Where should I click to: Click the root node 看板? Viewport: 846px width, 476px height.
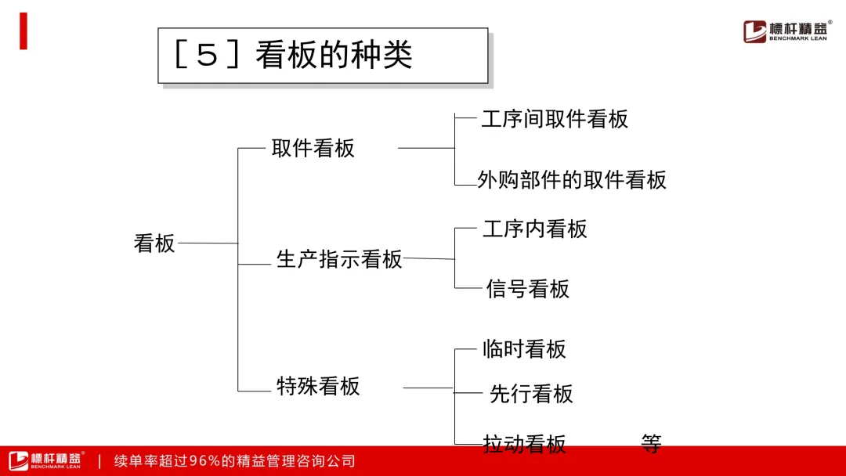coord(154,243)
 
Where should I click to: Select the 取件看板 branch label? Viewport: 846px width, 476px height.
coord(313,148)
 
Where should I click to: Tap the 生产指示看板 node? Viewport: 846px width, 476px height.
coord(339,259)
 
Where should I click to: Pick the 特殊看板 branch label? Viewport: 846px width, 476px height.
coord(318,386)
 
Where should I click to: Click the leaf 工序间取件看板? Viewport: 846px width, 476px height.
coord(555,119)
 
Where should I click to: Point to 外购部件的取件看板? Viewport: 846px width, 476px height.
coord(572,179)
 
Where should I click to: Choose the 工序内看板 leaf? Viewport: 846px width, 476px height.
coord(535,229)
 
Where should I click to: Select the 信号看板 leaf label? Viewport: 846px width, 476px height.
coord(528,289)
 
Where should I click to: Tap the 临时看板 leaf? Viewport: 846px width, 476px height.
coord(524,348)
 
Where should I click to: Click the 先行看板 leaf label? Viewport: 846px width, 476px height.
coord(531,394)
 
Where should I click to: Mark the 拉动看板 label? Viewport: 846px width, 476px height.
coord(524,444)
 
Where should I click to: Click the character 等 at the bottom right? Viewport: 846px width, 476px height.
coord(651,444)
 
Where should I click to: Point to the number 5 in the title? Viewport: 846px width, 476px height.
coord(207,55)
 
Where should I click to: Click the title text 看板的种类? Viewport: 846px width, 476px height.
coord(334,55)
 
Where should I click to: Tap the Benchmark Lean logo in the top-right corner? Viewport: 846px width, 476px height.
coord(786,31)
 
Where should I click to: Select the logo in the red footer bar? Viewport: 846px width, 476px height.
coord(46,460)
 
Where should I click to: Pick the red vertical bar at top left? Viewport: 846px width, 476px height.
coord(23,31)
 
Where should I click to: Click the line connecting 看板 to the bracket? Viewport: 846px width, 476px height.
coord(208,243)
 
